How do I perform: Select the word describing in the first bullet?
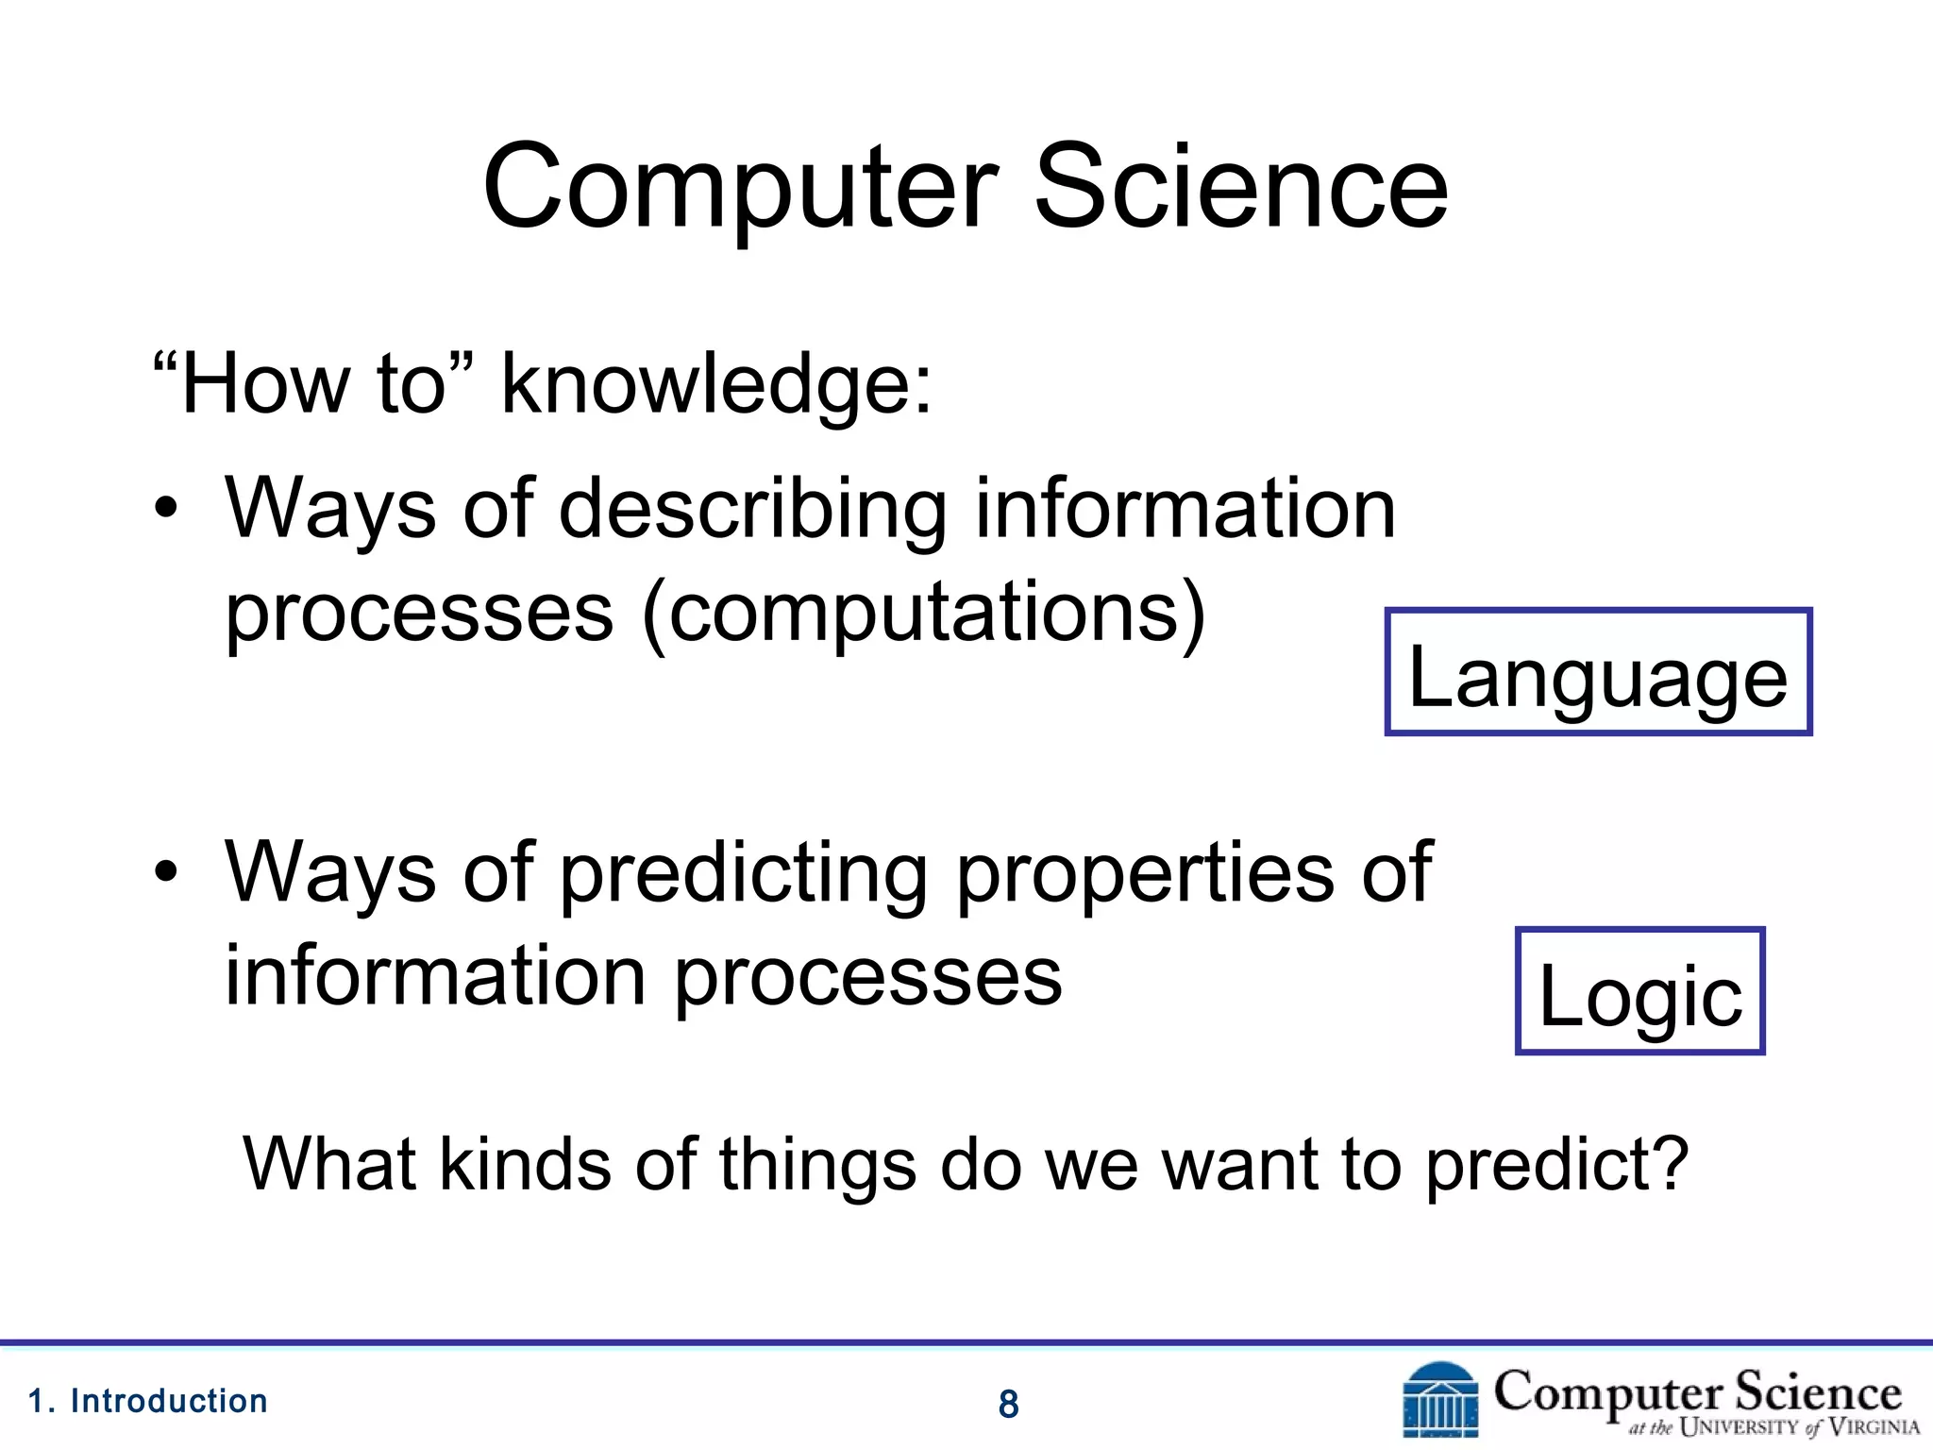(x=752, y=510)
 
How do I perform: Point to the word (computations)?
(x=923, y=614)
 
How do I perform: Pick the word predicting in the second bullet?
(x=744, y=873)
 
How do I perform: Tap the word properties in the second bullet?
(x=1144, y=873)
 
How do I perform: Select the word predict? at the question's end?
(x=1555, y=1165)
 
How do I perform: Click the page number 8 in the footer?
(x=1008, y=1405)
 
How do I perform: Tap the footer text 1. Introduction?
(x=148, y=1401)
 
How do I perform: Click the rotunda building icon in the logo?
(x=1440, y=1400)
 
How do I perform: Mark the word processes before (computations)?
(x=419, y=614)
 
